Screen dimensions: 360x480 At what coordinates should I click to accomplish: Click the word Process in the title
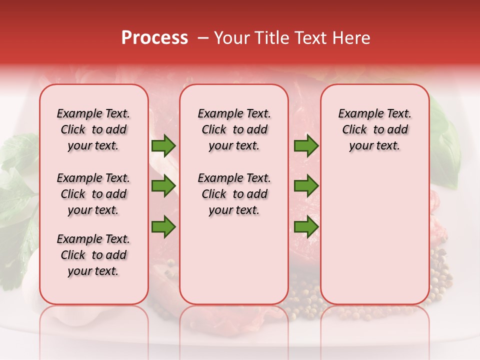point(154,38)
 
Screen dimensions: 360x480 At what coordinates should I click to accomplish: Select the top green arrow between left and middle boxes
point(163,146)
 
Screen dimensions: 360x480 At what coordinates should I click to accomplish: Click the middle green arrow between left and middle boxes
point(163,186)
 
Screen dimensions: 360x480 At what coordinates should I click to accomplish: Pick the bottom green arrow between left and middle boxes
point(163,226)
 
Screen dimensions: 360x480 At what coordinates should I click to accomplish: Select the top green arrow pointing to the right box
point(306,146)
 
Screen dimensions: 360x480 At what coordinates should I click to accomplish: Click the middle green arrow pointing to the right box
point(306,186)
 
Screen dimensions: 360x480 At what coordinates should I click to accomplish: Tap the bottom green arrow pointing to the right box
point(306,226)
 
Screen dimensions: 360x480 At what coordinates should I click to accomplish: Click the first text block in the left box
point(93,129)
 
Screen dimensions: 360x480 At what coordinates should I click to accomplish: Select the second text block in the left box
point(93,194)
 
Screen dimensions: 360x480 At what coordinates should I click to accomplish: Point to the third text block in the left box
point(93,255)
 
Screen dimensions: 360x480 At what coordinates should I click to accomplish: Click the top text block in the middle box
point(234,129)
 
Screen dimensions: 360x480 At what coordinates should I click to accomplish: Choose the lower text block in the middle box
point(234,194)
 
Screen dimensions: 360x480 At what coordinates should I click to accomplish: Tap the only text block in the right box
point(374,129)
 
